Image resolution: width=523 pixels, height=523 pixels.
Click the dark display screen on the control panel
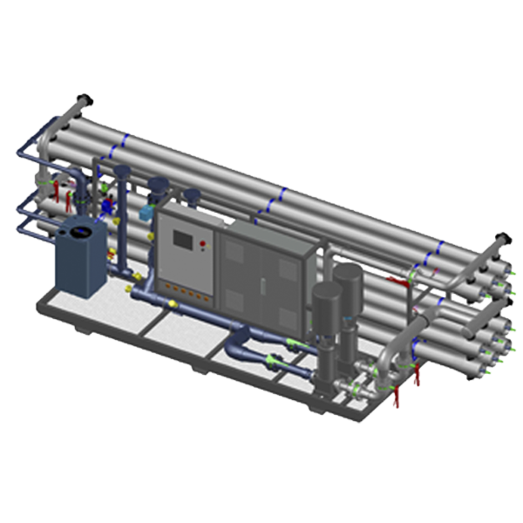[185, 240]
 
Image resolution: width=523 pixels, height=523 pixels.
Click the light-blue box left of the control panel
[146, 212]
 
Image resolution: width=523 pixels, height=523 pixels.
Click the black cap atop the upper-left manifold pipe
[85, 98]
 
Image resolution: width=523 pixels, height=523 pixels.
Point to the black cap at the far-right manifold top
[501, 236]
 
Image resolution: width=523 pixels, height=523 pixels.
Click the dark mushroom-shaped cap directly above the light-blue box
[158, 184]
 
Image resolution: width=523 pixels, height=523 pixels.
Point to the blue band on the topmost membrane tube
[129, 140]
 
